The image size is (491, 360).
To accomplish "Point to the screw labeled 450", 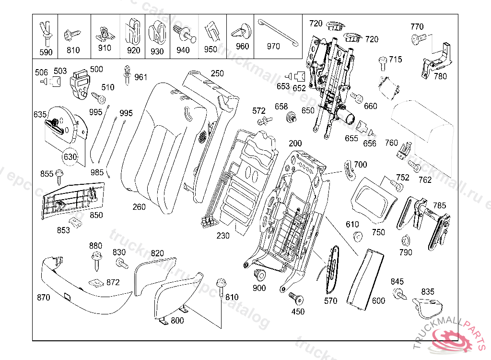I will tap(296, 299).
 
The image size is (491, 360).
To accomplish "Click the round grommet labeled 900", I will tap(259, 275).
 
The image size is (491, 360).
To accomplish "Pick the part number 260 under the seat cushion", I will tap(139, 207).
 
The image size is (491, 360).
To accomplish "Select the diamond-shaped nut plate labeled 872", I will tap(98, 282).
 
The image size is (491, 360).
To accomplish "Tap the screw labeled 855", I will tap(59, 176).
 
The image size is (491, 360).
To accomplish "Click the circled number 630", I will tap(70, 156).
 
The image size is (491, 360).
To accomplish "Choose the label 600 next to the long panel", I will tap(378, 301).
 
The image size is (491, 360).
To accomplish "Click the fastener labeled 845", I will tap(398, 293).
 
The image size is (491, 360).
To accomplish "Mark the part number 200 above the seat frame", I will tap(295, 144).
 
